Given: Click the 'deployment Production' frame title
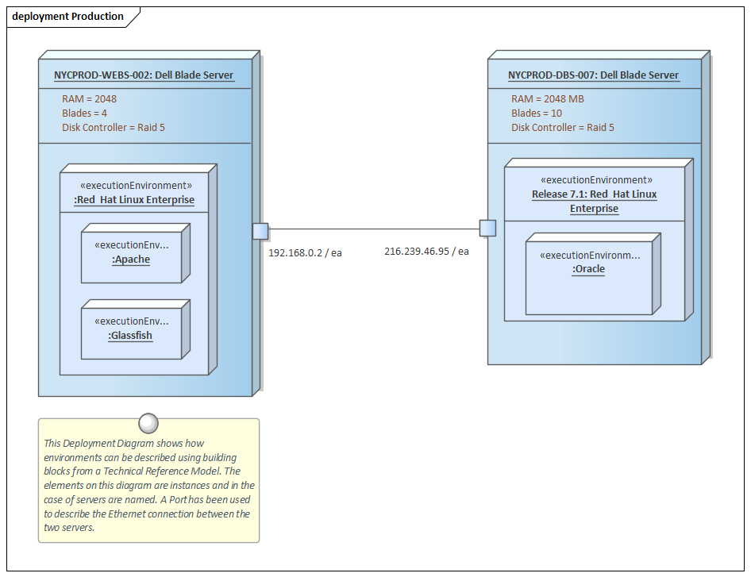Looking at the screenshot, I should pos(67,17).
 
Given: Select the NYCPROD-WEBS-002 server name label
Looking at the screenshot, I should pos(144,75).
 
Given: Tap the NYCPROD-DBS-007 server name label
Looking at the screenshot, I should pos(593,75).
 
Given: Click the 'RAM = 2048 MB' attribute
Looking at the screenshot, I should pos(547,99).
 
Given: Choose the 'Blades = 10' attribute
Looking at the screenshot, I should pos(536,113).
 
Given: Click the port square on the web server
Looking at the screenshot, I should pos(260,231).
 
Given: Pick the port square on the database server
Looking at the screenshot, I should pos(487,229).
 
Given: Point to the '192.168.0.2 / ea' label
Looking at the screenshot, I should pos(305,252).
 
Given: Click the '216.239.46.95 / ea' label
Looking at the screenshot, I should pos(426,251).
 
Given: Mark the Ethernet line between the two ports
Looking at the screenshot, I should pos(373,229).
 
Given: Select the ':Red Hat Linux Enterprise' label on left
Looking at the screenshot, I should pos(134,200).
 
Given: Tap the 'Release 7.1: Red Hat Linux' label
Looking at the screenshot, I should pos(594,194).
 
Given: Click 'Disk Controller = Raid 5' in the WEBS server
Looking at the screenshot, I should pos(114,128).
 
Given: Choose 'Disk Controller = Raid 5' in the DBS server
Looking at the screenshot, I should pos(562,128).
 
